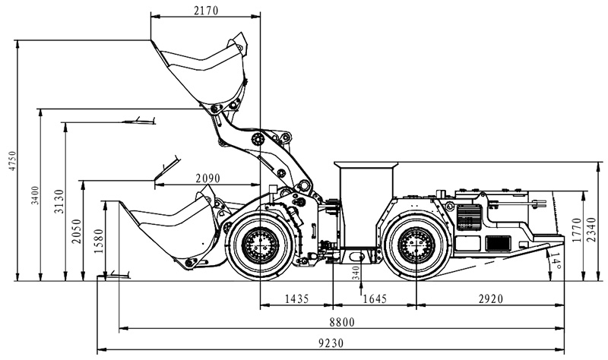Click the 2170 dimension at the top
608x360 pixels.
pyautogui.click(x=205, y=10)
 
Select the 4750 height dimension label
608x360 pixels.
pyautogui.click(x=10, y=160)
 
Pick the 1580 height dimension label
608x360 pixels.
pyautogui.click(x=99, y=241)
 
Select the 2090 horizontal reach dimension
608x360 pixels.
pyautogui.click(x=207, y=178)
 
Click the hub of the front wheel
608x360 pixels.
pyautogui.click(x=260, y=245)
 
